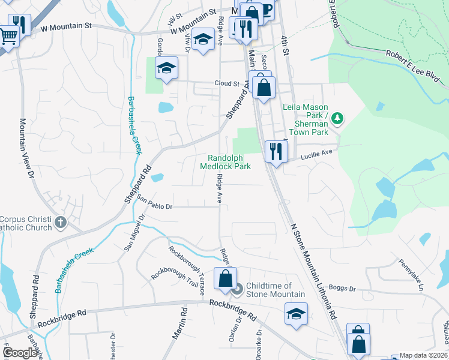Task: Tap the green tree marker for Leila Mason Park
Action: [338, 117]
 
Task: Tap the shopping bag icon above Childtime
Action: [225, 278]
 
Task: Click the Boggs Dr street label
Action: [343, 289]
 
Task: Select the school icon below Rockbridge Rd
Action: [296, 313]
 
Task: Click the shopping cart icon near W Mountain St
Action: [8, 35]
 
